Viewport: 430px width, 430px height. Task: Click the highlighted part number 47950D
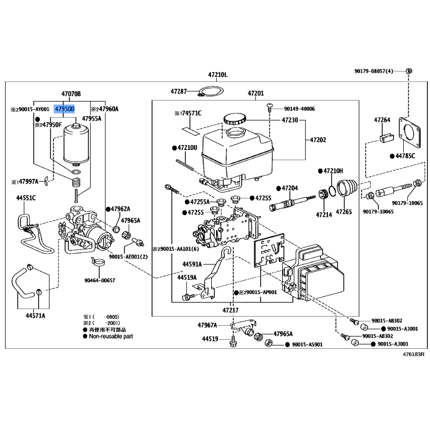point(64,109)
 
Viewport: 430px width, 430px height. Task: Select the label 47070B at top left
point(71,94)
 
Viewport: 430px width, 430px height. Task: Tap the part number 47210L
point(218,75)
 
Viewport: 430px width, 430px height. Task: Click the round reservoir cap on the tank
point(235,119)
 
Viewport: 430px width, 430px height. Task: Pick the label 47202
point(317,140)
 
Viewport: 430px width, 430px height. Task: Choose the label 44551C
point(25,198)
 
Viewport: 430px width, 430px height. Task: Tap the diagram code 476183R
point(414,354)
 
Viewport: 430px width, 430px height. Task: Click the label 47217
point(230,311)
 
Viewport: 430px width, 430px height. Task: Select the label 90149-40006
point(300,109)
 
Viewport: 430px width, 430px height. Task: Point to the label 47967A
point(207,325)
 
